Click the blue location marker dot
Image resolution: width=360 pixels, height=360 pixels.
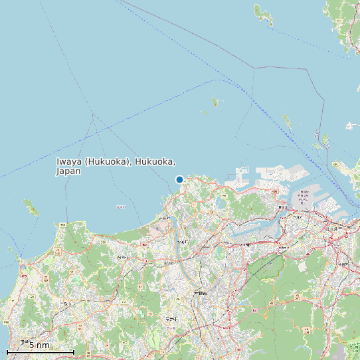pyautogui.click(x=179, y=179)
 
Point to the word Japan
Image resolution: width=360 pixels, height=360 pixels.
pyautogui.click(x=68, y=171)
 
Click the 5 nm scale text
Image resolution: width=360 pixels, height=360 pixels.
pyautogui.click(x=39, y=345)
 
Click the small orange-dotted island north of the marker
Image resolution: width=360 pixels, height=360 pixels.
pyautogui.click(x=215, y=102)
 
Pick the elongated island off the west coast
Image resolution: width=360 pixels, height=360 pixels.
pyautogui.click(x=31, y=208)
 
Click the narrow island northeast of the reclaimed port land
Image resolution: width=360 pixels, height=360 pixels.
pyautogui.click(x=288, y=120)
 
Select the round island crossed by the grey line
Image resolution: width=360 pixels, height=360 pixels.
pyautogui.click(x=325, y=140)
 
